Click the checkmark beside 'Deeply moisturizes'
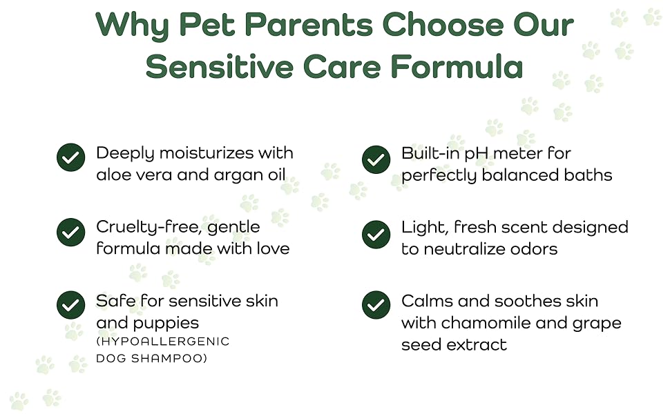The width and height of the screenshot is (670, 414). (x=70, y=157)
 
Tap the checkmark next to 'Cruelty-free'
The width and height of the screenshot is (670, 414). (x=70, y=232)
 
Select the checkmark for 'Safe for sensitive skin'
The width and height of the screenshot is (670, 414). (x=70, y=305)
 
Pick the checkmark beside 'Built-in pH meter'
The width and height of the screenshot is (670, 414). (x=376, y=159)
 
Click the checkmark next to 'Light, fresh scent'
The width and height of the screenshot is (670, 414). (x=376, y=235)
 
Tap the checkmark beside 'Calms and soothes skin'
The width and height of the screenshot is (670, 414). (x=376, y=305)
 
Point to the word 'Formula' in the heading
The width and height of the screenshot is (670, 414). (x=456, y=66)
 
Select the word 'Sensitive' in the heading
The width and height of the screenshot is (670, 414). (x=219, y=66)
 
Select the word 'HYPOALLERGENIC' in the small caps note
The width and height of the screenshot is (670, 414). (x=163, y=342)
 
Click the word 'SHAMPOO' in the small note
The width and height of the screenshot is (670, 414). (x=169, y=358)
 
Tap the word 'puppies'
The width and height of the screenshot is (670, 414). (x=166, y=324)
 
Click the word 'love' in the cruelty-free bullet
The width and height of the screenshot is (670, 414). (x=273, y=248)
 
